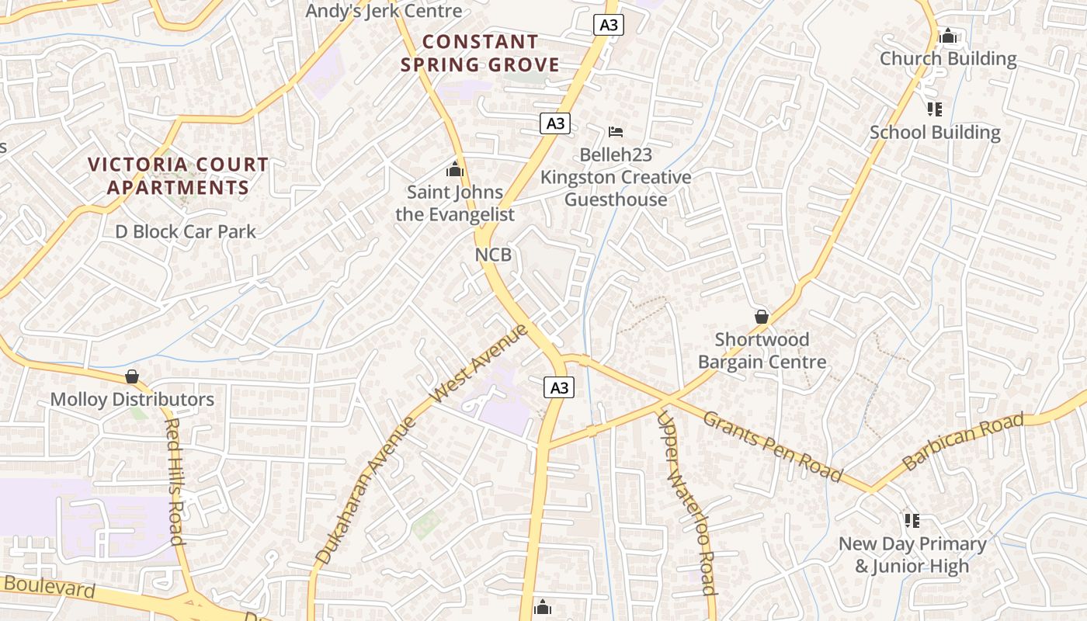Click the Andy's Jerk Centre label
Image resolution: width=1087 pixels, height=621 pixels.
[384, 11]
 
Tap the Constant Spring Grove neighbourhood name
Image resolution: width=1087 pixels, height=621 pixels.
[480, 53]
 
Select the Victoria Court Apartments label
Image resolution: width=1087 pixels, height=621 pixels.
[178, 176]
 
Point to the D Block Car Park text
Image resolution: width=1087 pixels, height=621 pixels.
[186, 231]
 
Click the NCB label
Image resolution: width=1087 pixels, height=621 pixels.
[493, 255]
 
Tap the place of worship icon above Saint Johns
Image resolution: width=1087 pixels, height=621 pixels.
[455, 168]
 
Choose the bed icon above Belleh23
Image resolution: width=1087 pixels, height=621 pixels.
[616, 131]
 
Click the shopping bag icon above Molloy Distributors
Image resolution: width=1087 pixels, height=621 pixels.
[132, 376]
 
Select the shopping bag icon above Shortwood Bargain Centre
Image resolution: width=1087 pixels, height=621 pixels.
[762, 317]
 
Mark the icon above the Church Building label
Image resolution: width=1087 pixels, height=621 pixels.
[947, 36]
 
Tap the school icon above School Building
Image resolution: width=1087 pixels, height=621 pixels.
[935, 109]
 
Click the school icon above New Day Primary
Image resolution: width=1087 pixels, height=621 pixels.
[912, 521]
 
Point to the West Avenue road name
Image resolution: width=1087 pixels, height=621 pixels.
[478, 363]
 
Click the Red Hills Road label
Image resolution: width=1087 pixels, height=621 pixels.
[175, 481]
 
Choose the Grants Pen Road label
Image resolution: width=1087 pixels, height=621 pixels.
[773, 446]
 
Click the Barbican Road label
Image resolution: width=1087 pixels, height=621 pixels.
[963, 442]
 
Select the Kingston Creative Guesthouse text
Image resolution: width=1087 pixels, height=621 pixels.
[616, 189]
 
